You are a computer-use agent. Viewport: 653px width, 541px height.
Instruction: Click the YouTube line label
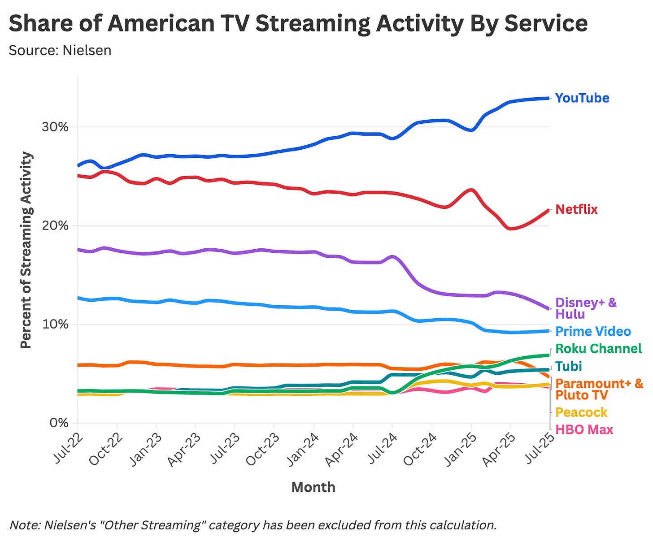coord(582,98)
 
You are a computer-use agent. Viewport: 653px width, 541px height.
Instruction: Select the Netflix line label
coord(576,209)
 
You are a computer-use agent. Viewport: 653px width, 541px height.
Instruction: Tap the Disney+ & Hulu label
coord(586,308)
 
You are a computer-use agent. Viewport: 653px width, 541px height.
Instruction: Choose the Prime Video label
coord(593,331)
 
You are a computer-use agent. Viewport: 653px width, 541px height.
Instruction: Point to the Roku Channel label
coord(598,349)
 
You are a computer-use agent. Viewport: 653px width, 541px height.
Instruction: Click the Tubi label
coord(568,366)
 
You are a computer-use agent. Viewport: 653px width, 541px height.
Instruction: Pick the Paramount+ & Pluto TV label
coord(599,389)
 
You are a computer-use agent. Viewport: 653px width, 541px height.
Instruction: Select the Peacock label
coord(581,412)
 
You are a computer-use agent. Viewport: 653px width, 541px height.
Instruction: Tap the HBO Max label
coord(584,429)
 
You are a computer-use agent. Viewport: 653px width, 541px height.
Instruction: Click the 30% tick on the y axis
coord(55,127)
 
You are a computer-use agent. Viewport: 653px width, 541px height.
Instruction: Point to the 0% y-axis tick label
coord(59,423)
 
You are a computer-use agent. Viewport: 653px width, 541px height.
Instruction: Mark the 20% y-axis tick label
coord(55,226)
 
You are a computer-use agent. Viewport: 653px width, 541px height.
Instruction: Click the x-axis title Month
coord(313,487)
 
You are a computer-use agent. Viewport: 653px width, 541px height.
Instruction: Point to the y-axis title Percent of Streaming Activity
coord(26,250)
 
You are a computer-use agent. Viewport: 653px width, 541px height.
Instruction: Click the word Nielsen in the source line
coord(87,50)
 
